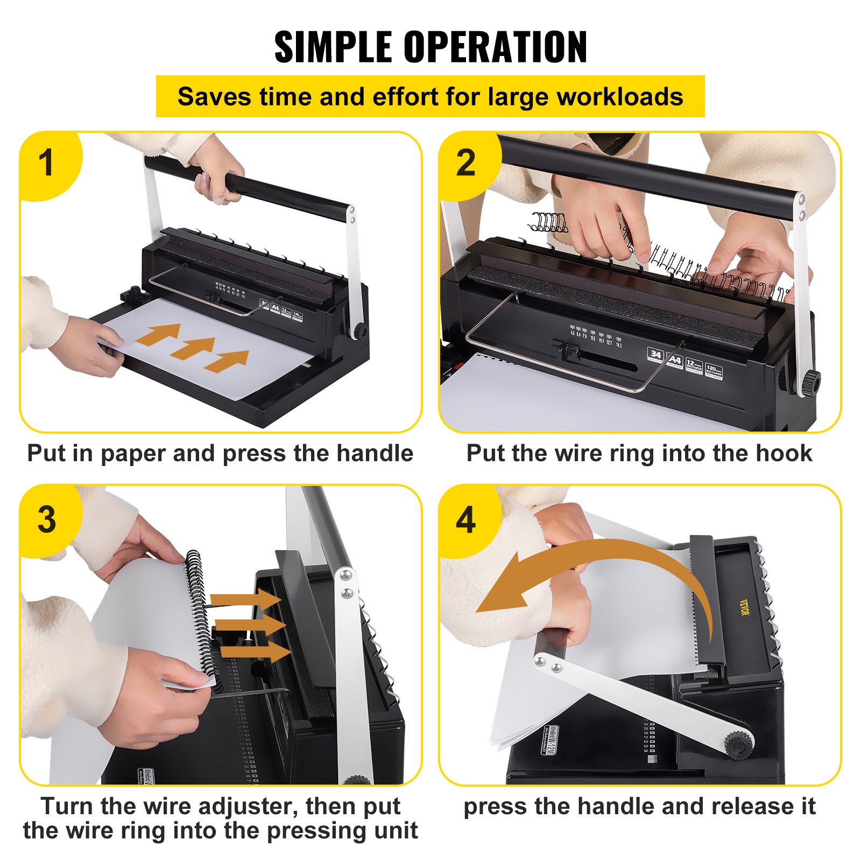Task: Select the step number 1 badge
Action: coord(47,163)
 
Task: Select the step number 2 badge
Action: coord(466,163)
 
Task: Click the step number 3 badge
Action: coord(47,520)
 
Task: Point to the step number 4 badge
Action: coord(466,520)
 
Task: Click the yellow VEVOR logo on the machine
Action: coord(743,608)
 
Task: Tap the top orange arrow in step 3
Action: coord(245,599)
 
